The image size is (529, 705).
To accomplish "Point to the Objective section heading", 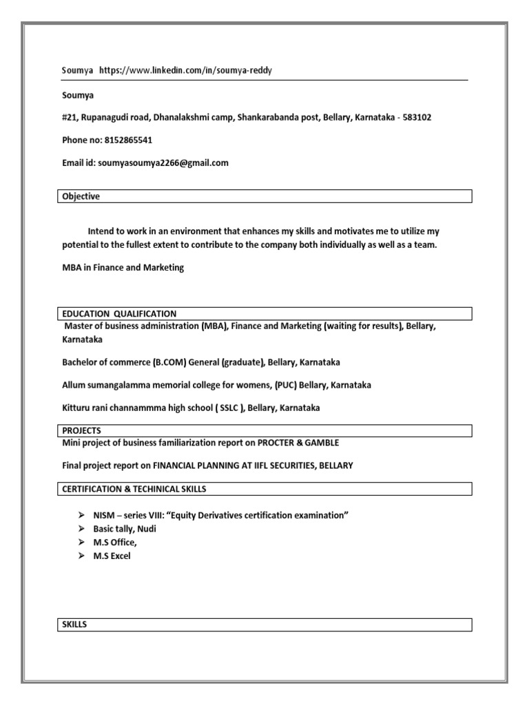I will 81,197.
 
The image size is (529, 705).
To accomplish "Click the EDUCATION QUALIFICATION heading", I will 119,314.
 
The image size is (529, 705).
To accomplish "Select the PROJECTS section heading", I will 81,431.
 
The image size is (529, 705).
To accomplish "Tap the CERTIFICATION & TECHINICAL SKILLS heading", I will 134,490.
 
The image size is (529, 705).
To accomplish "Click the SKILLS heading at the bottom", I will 74,625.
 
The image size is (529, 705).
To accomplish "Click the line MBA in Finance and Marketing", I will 123,268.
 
